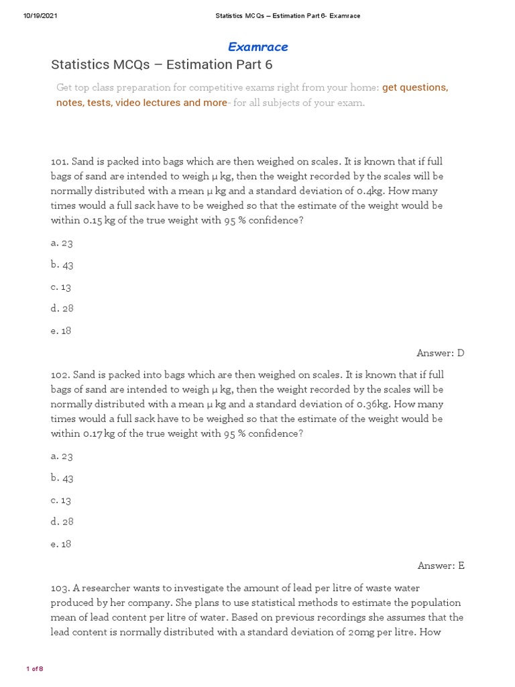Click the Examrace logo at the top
(x=257, y=47)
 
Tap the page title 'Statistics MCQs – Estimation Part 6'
(x=162, y=65)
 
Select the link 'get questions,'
(x=415, y=88)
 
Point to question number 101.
(x=59, y=162)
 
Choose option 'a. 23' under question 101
(x=62, y=243)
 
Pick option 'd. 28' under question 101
(x=62, y=309)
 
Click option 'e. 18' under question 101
(x=61, y=331)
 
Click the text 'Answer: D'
(x=440, y=353)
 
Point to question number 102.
(x=59, y=374)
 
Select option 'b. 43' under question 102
(x=62, y=478)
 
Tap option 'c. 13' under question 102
(x=61, y=500)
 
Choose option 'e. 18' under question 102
(x=61, y=544)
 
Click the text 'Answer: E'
(x=441, y=566)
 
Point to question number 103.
(x=59, y=588)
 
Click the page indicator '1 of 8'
(x=34, y=669)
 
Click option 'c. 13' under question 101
(x=61, y=287)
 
